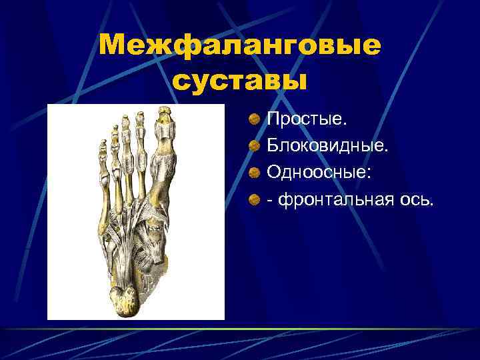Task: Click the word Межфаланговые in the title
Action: click(x=239, y=46)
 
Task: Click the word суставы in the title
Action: click(x=239, y=81)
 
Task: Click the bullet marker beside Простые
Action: click(x=255, y=120)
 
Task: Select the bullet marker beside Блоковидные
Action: click(x=255, y=146)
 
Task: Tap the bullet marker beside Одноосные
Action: click(x=255, y=172)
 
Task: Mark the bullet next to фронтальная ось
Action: click(x=255, y=199)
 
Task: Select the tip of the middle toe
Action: click(x=125, y=119)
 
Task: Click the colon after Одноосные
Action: click(x=371, y=173)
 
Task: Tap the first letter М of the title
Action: click(x=111, y=46)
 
